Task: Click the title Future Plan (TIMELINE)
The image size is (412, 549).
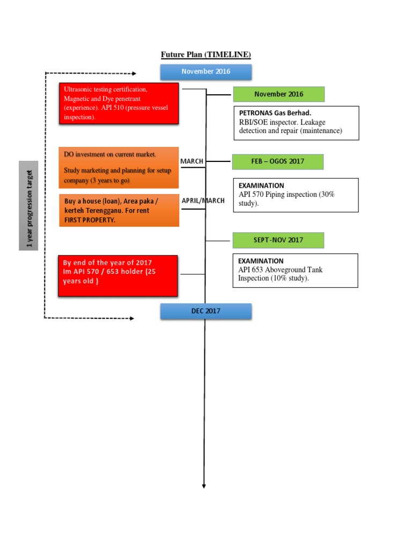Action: pos(206,55)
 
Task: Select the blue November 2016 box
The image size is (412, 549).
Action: pos(205,72)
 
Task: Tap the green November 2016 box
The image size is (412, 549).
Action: pos(278,94)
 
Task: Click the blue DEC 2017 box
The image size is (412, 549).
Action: pos(205,311)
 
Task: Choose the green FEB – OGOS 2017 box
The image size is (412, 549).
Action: pos(278,161)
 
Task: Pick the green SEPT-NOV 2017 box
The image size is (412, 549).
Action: pos(278,240)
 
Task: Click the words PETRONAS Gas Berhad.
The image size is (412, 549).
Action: pos(275,113)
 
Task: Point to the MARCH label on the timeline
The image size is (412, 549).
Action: pos(192,161)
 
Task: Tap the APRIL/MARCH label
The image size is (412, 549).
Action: pos(203,201)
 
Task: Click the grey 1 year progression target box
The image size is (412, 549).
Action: pos(29,205)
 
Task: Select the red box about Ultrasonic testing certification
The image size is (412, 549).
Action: pos(119,103)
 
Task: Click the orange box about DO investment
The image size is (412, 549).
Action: pos(119,167)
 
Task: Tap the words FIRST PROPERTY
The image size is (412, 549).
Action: pos(90,220)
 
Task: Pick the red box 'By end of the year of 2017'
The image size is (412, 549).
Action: pos(118,276)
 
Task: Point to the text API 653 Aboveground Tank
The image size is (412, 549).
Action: pos(280,270)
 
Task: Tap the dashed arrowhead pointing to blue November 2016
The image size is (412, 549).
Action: pos(134,73)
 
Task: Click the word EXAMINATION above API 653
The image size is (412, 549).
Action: pos(261,261)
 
